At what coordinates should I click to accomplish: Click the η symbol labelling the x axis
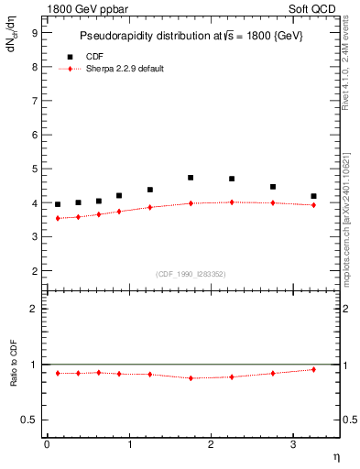(335, 457)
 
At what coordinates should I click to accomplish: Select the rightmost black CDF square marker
(314, 196)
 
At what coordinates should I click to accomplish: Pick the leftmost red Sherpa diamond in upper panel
(58, 218)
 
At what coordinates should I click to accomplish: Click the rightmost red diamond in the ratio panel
(314, 369)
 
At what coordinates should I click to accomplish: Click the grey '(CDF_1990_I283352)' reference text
(191, 273)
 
